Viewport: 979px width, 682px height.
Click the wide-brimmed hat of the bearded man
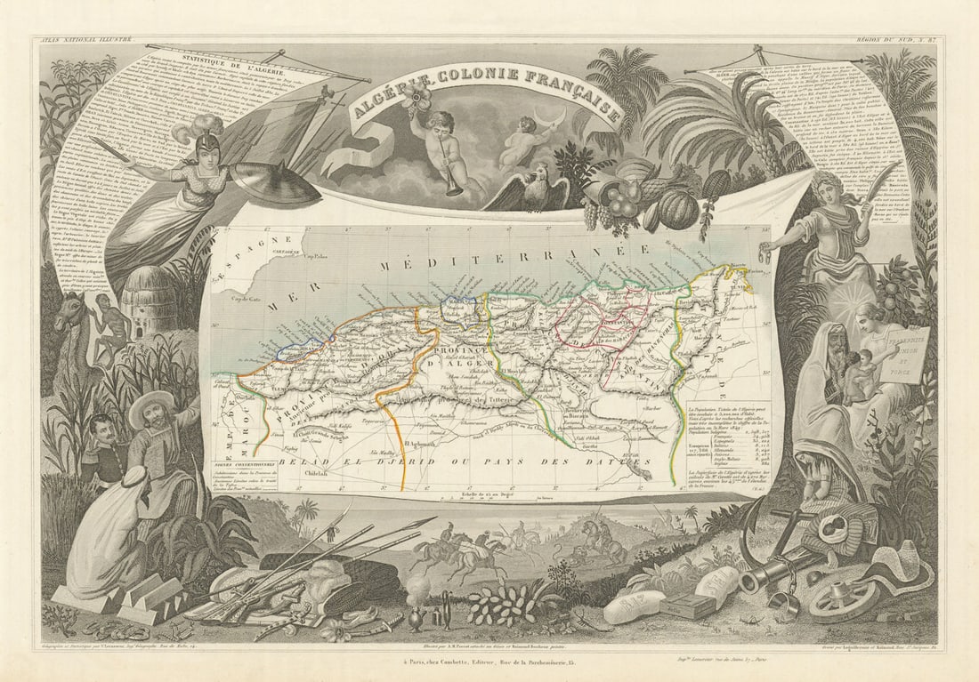tap(151, 403)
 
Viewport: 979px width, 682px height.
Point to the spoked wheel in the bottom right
tap(837, 601)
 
